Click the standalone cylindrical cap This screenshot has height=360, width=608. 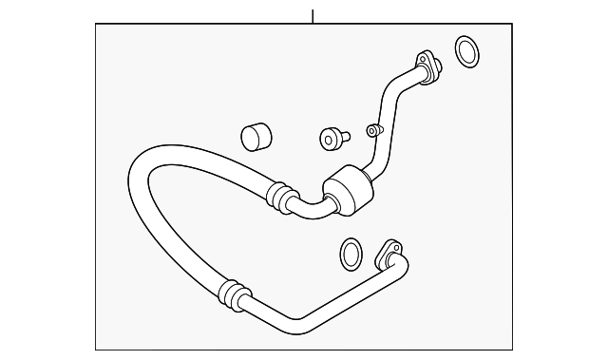pyautogui.click(x=255, y=136)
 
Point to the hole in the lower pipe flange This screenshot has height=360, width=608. pyautogui.click(x=389, y=251)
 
